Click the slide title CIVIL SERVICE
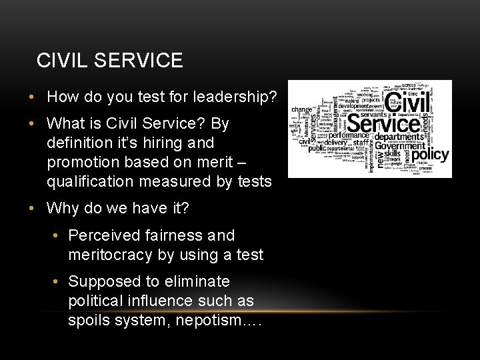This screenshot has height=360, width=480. click(x=109, y=61)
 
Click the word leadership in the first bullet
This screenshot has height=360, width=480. click(x=235, y=97)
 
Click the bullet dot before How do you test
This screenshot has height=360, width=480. click(x=32, y=97)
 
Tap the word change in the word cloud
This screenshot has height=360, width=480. click(x=301, y=109)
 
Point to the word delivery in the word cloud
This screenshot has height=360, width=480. click(x=337, y=142)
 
